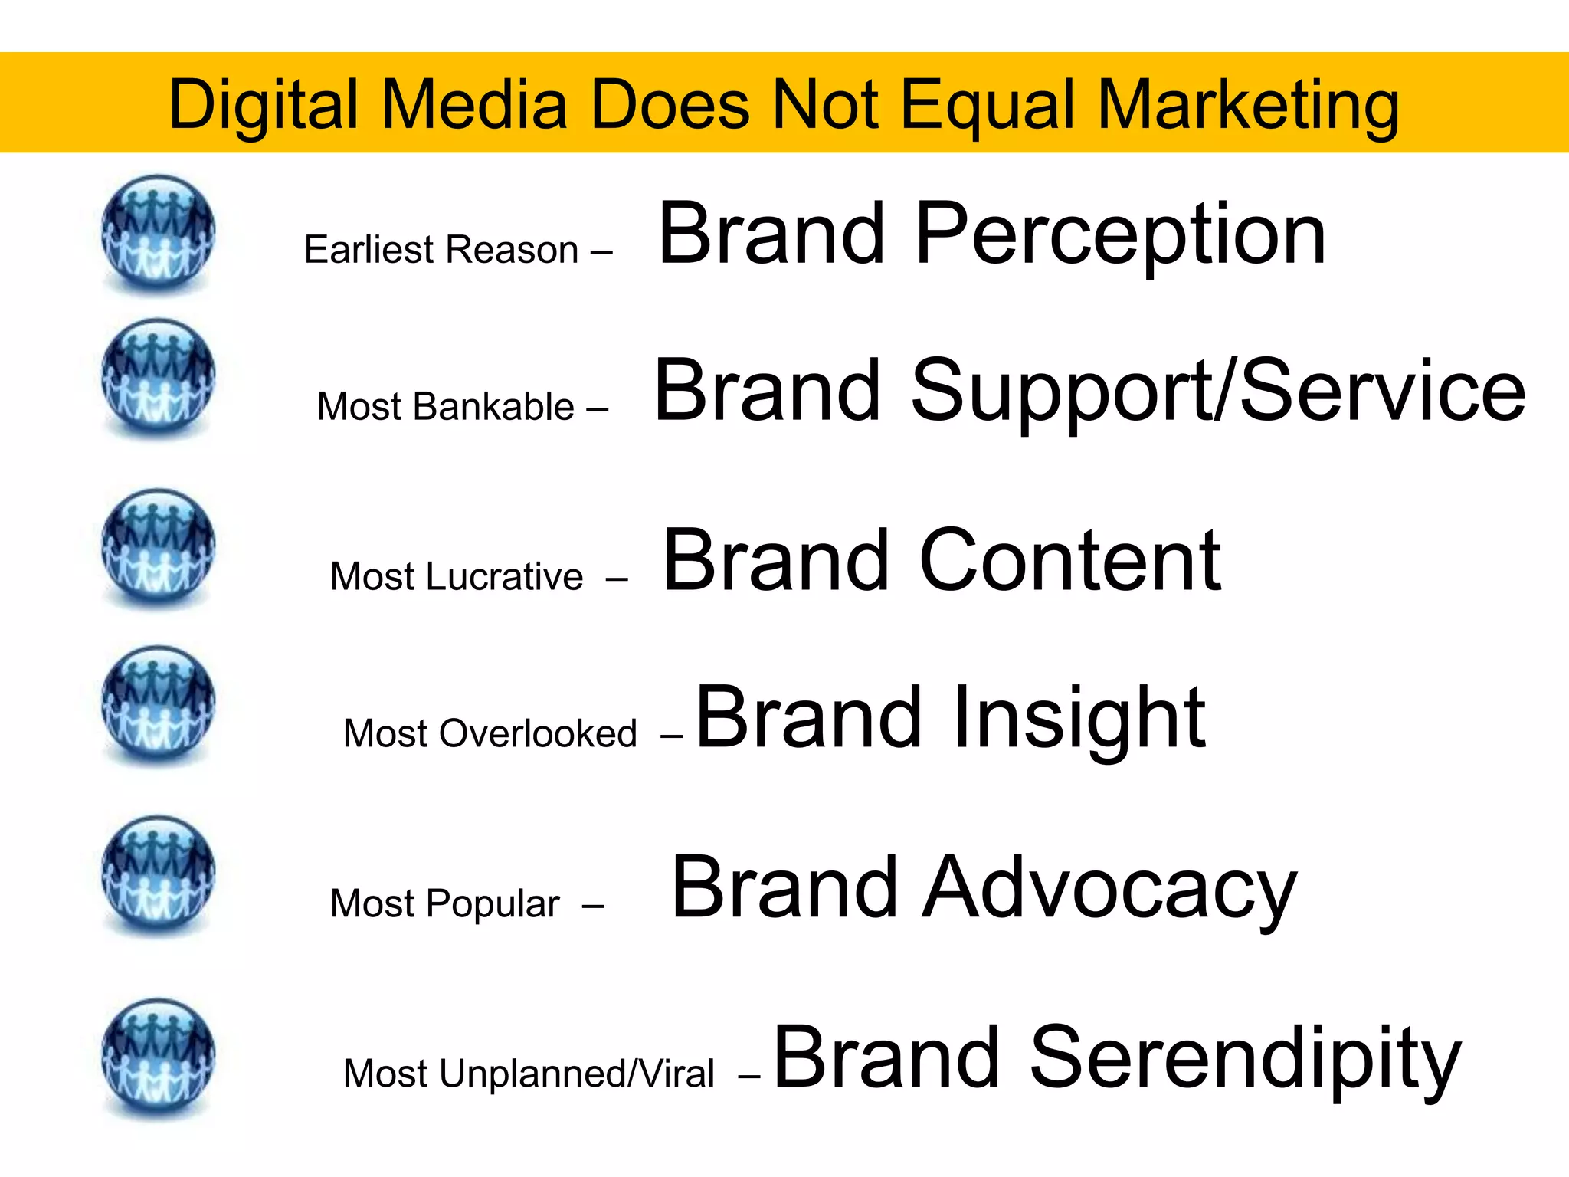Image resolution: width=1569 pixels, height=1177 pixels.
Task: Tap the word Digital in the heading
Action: pyautogui.click(x=264, y=106)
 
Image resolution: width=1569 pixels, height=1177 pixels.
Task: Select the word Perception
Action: pyautogui.click(x=1119, y=234)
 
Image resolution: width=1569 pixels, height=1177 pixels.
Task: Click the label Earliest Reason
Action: pyautogui.click(x=441, y=250)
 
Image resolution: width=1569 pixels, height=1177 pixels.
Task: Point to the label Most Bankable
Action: pyautogui.click(x=445, y=406)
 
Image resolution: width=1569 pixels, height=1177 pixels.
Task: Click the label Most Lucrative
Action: pyautogui.click(x=457, y=576)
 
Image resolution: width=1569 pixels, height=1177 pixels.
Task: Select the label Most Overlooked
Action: pyautogui.click(x=490, y=733)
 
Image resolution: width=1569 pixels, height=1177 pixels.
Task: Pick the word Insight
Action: pyautogui.click(x=1078, y=718)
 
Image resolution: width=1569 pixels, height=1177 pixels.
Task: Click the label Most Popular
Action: pyautogui.click(x=445, y=903)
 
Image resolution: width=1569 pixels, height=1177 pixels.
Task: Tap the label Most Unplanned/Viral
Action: pyautogui.click(x=529, y=1074)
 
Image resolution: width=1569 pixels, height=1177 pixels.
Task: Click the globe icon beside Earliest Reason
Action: pyautogui.click(x=158, y=232)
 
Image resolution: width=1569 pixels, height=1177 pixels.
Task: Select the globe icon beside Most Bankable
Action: pyautogui.click(x=158, y=377)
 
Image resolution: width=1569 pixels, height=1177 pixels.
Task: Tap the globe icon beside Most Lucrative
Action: pyautogui.click(x=158, y=547)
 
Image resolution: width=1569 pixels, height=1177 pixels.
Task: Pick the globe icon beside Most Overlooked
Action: pyautogui.click(x=158, y=703)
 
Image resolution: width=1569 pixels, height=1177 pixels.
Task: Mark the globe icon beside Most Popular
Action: pyautogui.click(x=158, y=874)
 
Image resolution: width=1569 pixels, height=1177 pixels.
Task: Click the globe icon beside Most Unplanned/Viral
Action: pyautogui.click(x=158, y=1057)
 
